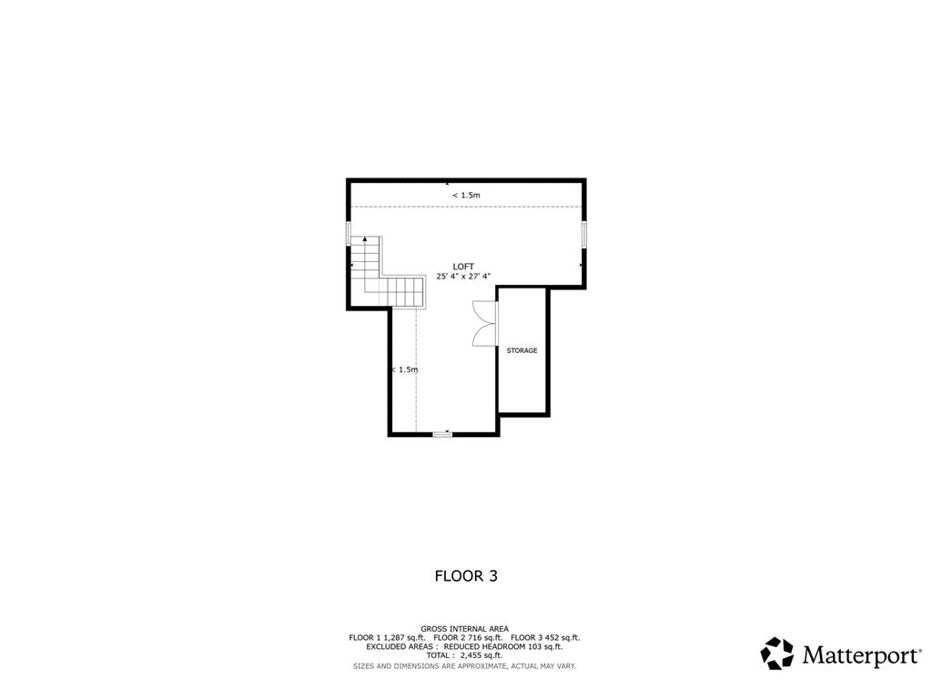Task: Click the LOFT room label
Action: pos(463,267)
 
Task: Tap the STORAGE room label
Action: pos(522,350)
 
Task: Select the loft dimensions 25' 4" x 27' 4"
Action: pos(463,276)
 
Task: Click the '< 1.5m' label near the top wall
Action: pos(466,195)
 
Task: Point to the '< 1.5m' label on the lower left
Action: pos(404,370)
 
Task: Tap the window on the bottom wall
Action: pos(442,434)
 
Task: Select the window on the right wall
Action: pos(583,233)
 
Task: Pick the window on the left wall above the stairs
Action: pos(348,233)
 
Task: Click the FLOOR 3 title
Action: pos(465,575)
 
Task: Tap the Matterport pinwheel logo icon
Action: pos(776,653)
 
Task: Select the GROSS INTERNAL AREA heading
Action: pos(464,628)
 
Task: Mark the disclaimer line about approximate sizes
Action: pos(464,665)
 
